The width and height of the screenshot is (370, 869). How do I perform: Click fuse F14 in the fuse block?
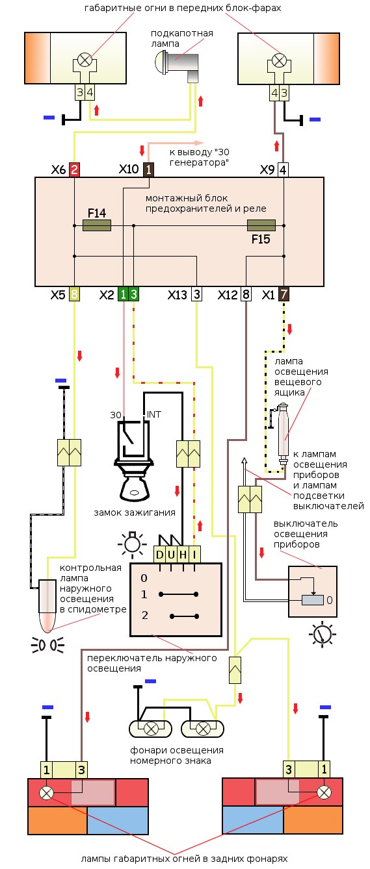click(97, 225)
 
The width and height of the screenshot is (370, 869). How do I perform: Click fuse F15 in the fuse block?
click(261, 225)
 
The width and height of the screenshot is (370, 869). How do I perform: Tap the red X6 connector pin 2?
click(74, 170)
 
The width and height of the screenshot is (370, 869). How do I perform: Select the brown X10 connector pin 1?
click(149, 170)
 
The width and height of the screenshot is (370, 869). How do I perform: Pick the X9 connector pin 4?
click(283, 170)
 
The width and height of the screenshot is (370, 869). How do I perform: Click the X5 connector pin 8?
click(74, 294)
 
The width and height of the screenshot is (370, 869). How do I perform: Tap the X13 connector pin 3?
click(197, 294)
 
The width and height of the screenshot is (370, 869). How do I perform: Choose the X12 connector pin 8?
click(246, 294)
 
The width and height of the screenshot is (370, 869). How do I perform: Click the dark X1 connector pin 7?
click(284, 294)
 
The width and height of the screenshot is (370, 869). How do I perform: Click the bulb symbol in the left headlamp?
click(85, 60)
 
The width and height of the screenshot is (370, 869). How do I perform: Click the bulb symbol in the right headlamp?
click(279, 60)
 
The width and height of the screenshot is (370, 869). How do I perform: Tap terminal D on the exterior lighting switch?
click(159, 555)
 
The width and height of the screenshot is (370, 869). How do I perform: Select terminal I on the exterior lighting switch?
click(194, 555)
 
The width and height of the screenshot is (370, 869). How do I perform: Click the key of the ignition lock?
click(135, 490)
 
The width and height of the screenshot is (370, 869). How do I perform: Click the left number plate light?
click(151, 729)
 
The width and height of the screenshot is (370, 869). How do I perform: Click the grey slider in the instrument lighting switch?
click(313, 599)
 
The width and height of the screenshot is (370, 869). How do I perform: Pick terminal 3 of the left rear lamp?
click(81, 770)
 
